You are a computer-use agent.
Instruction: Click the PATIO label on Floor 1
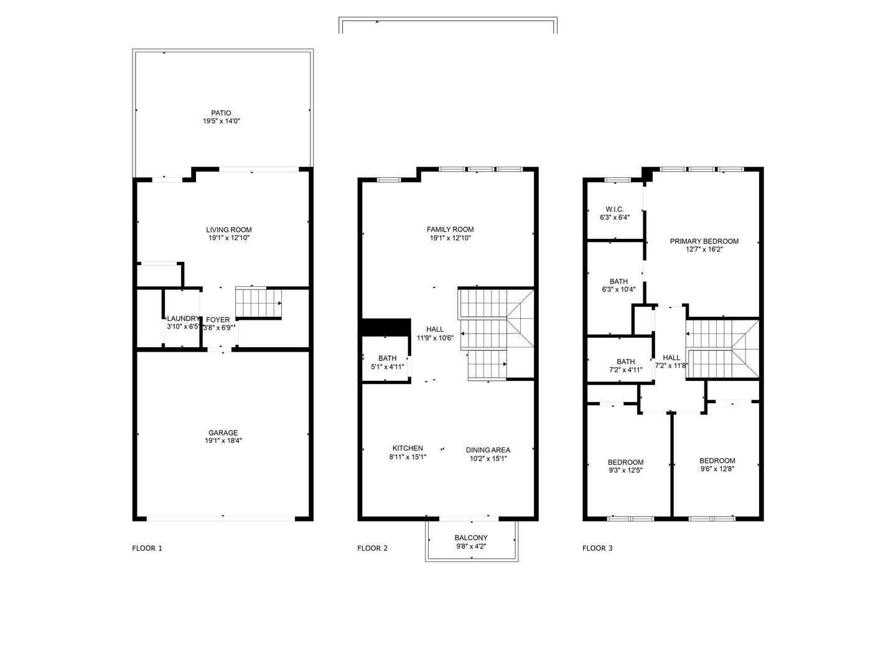point(221,113)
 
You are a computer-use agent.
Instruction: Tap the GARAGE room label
point(223,433)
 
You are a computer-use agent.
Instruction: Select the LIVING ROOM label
point(229,230)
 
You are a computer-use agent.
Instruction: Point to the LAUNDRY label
point(183,319)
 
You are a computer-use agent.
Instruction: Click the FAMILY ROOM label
point(450,230)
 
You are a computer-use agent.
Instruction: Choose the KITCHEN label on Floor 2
point(408,448)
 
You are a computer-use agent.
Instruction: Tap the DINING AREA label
point(488,450)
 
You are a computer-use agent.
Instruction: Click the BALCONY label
point(471,538)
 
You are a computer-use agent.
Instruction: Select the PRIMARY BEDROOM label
point(704,241)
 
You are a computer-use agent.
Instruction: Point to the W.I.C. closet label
point(615,209)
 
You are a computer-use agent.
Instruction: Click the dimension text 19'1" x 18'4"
point(223,441)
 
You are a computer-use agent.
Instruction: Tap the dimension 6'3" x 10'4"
point(618,289)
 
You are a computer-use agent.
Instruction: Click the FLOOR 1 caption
point(147,548)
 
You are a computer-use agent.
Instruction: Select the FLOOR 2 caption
point(372,548)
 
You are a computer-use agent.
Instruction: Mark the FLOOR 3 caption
point(597,548)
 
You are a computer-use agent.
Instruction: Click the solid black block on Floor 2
point(386,327)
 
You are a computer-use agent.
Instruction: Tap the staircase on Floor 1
point(258,302)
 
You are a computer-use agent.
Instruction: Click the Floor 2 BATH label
point(387,358)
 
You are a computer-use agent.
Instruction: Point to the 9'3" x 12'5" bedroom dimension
point(625,470)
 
